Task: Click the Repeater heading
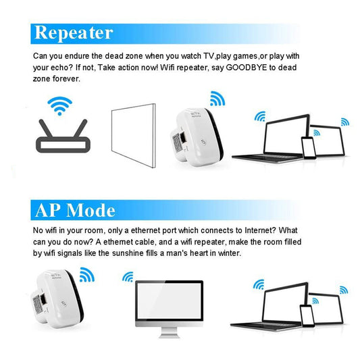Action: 74,32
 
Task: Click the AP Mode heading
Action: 75,210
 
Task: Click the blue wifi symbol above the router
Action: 59,105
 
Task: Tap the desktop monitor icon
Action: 168,305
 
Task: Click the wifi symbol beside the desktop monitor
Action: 127,277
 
